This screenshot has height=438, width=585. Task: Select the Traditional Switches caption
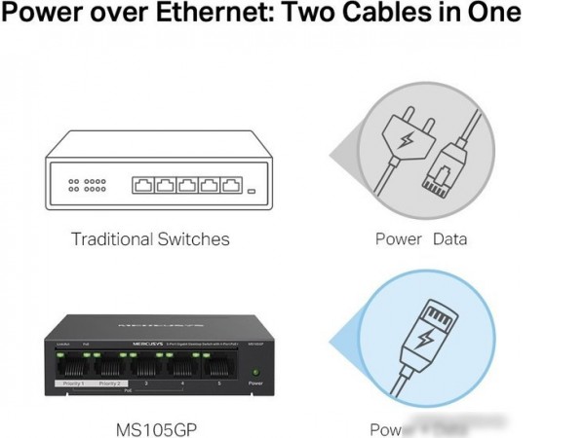150,238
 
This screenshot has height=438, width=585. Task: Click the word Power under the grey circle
399,238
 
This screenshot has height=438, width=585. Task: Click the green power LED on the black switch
255,372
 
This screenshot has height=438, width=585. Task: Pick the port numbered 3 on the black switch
146,367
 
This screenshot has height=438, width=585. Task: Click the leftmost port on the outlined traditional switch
142,185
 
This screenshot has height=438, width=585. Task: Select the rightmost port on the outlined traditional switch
230,185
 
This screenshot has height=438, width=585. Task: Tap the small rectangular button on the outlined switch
253,192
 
